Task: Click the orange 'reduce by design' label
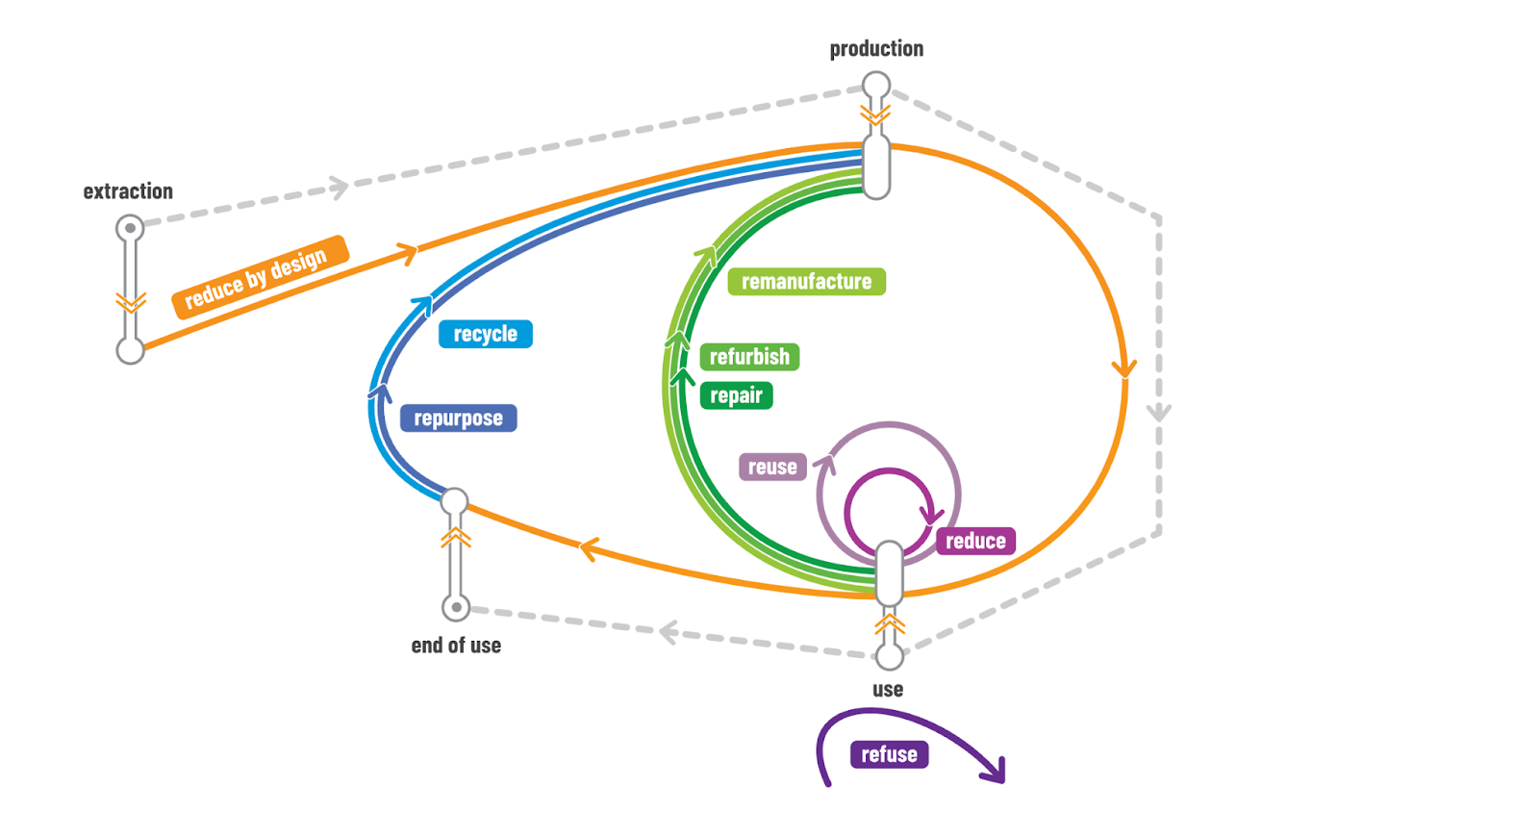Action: coord(259,277)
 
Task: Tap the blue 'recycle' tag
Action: coord(485,334)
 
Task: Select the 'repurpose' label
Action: coord(458,418)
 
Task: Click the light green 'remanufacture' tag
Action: coord(806,282)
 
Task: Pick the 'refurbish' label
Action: coord(749,357)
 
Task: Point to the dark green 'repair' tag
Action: coord(736,395)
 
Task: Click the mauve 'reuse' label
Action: coord(772,467)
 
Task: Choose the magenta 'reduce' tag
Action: coord(975,541)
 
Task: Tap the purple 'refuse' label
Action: coord(889,754)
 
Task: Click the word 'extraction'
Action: coord(128,191)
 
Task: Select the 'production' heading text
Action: coord(876,49)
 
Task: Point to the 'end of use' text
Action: coord(456,646)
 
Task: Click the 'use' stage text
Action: coord(888,690)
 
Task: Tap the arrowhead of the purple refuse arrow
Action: coord(997,772)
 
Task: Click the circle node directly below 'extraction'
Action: coord(130,229)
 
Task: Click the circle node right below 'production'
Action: coord(876,86)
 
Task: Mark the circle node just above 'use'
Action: coord(890,656)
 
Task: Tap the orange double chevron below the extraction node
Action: coord(131,302)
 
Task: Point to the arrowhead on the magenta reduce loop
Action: coord(931,515)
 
